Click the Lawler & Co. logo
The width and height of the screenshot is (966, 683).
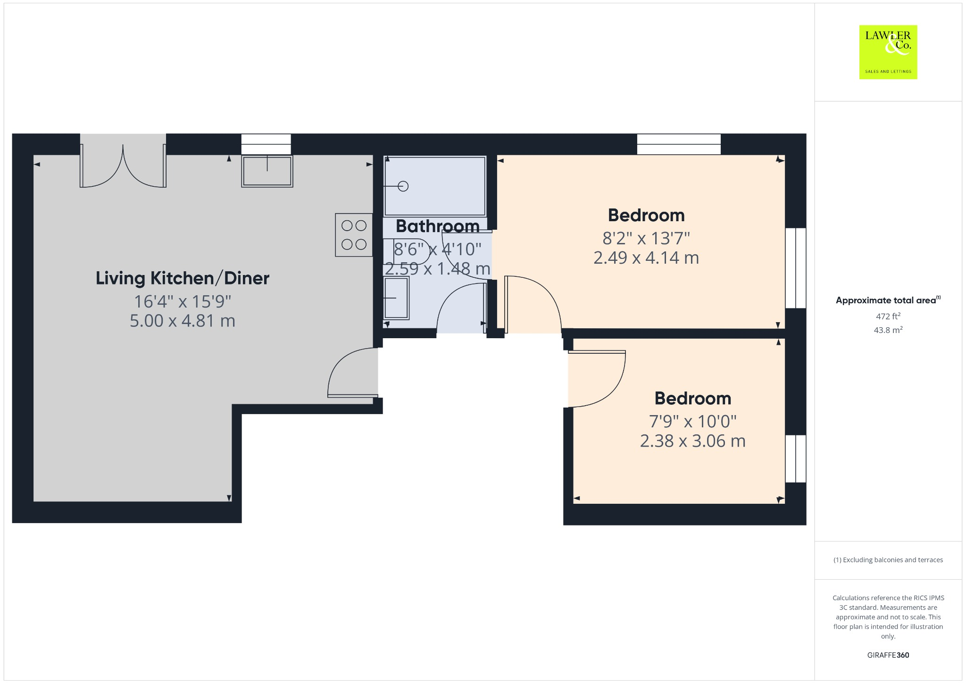(x=888, y=52)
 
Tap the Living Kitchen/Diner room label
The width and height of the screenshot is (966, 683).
(x=182, y=278)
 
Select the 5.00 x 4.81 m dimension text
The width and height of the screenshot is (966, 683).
(x=182, y=321)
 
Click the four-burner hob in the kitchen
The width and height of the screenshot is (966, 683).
(x=354, y=235)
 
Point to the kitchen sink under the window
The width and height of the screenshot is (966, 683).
(x=267, y=171)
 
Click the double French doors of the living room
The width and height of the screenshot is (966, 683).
(x=123, y=165)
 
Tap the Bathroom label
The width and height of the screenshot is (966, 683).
(x=437, y=226)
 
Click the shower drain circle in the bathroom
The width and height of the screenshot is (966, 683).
(x=403, y=186)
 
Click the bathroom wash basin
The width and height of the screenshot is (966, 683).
(x=396, y=298)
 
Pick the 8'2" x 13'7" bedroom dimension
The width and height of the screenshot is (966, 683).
(x=646, y=238)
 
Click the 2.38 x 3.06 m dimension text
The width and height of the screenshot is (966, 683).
(x=692, y=441)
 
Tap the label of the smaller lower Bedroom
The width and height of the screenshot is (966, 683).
(x=692, y=399)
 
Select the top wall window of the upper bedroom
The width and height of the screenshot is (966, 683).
(x=679, y=144)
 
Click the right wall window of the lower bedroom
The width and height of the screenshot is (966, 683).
(x=796, y=458)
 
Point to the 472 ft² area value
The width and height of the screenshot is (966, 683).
(x=888, y=316)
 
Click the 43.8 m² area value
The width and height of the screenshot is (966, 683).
(x=888, y=330)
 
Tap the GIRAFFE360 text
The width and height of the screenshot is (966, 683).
(x=888, y=655)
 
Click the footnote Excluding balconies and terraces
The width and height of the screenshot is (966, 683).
(x=888, y=560)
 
